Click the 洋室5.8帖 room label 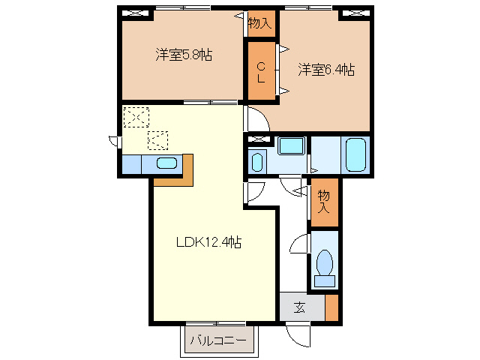point(183,55)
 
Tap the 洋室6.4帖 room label point(325,70)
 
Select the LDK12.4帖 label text point(208,242)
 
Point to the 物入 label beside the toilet point(324,202)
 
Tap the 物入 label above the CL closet point(259,23)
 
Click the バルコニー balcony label point(217,340)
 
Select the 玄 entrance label point(299,307)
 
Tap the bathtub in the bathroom point(356,154)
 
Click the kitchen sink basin point(166,163)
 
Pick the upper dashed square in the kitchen point(136,118)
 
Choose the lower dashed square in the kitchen point(158,139)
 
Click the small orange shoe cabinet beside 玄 point(331,307)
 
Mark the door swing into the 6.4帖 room point(256,119)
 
